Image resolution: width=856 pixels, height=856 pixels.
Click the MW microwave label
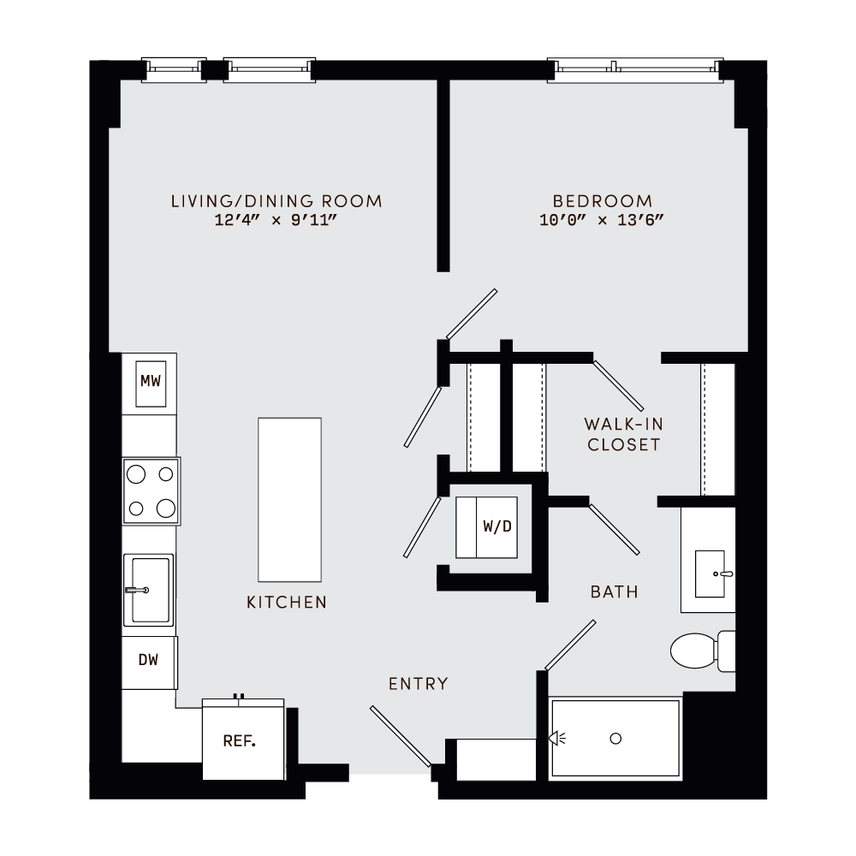(151, 381)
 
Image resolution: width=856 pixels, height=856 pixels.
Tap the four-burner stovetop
(152, 490)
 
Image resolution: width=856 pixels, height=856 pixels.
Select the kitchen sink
(149, 590)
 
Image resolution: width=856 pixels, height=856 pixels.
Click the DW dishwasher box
(149, 661)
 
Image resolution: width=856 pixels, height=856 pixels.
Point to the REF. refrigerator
(242, 741)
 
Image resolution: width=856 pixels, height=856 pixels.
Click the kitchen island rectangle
(289, 499)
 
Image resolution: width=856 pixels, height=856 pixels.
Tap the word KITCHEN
(287, 603)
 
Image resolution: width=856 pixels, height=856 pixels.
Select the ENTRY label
(418, 683)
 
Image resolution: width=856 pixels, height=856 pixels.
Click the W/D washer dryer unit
(486, 527)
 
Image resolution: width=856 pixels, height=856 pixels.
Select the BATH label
(614, 591)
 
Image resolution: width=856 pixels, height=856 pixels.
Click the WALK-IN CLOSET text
(622, 434)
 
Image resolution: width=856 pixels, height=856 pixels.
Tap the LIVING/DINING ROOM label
(276, 201)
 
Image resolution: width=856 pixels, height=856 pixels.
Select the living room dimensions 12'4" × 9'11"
(276, 220)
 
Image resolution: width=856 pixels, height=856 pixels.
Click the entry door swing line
(400, 736)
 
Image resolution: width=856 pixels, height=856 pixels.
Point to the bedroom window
(636, 67)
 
